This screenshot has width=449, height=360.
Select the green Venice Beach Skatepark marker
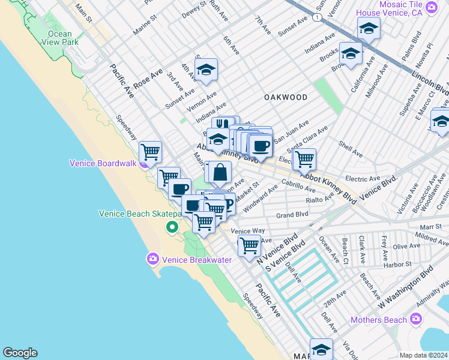[x=172, y=227]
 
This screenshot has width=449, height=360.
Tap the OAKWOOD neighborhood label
[x=286, y=97]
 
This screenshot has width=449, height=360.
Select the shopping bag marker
[x=220, y=172]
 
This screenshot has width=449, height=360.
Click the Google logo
[x=20, y=353]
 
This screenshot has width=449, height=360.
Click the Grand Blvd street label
[x=292, y=214]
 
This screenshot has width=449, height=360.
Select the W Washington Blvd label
[x=405, y=288]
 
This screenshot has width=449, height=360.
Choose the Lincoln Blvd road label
[x=430, y=83]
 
